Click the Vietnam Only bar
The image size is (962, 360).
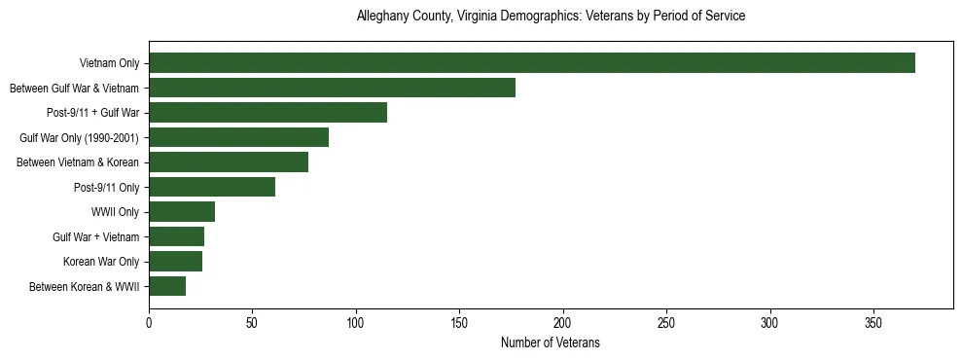click(x=532, y=63)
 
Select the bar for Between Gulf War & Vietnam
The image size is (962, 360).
click(x=332, y=88)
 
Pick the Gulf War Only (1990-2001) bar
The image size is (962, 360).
click(x=238, y=137)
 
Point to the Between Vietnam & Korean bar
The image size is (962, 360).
click(x=229, y=162)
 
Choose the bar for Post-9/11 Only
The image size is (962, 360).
click(x=212, y=187)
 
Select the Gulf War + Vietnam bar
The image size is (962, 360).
click(x=176, y=236)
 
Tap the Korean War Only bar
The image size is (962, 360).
click(x=175, y=262)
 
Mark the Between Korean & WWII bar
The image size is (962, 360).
click(x=167, y=286)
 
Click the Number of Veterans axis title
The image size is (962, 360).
click(x=551, y=342)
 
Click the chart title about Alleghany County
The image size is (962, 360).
click(x=551, y=17)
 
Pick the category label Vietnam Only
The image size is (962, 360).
click(x=110, y=64)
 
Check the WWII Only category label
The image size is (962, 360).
click(x=116, y=212)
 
